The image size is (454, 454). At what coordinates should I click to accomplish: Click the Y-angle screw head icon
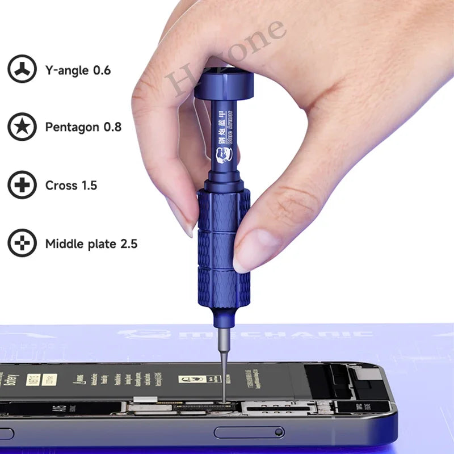[22, 70]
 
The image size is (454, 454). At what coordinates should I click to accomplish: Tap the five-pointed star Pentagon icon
[22, 127]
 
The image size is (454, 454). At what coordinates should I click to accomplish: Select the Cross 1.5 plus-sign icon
[22, 186]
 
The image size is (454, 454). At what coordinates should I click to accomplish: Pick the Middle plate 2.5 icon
[22, 243]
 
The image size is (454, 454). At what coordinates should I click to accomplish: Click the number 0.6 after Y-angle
[102, 71]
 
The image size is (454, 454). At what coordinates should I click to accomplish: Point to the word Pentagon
[72, 128]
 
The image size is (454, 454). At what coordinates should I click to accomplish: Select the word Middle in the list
[63, 245]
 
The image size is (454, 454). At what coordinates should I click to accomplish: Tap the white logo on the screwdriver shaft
[222, 155]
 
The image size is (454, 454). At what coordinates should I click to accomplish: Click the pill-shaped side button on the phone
[248, 432]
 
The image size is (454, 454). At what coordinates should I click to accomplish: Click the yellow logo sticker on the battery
[192, 379]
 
